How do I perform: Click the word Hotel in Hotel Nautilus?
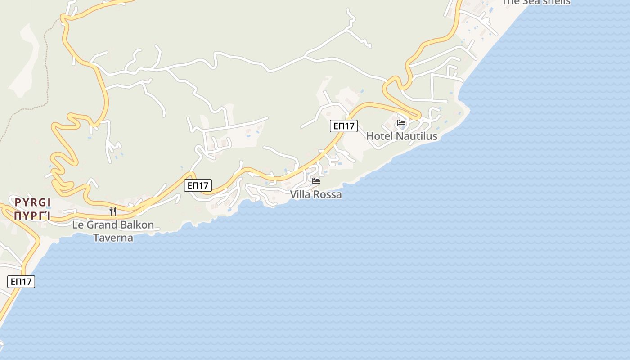378,136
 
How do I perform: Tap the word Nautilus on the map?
415,136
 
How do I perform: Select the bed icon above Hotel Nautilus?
401,122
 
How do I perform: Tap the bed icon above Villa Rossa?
316,181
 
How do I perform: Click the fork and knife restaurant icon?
113,211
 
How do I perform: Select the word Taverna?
113,238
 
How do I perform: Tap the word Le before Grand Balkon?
78,225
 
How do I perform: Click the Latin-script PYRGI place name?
32,202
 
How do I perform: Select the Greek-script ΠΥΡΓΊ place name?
32,216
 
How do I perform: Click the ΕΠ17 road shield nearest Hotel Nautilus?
344,126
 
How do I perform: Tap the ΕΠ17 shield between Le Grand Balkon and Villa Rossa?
198,185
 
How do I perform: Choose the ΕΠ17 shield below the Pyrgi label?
21,282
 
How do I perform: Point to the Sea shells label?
536,2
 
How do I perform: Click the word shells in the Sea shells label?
554,2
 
